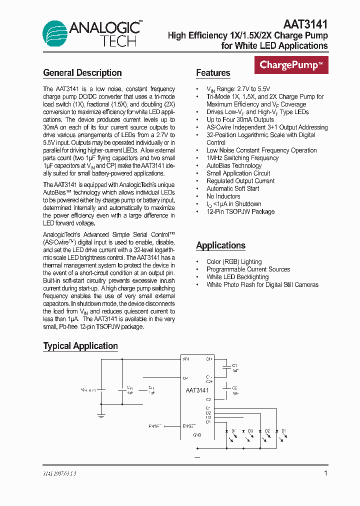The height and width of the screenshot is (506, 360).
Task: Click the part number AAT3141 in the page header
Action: coord(305,24)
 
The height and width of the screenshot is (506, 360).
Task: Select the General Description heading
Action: coord(82,73)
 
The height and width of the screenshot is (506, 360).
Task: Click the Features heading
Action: coord(213,73)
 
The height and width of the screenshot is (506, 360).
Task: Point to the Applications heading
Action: coord(220,245)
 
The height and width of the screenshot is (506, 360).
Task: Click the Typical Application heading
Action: coord(80,346)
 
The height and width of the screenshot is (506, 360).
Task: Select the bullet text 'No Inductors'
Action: coord(223,196)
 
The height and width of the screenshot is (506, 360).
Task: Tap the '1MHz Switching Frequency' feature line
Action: coord(242,158)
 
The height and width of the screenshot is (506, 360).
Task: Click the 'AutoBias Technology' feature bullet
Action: coord(234,165)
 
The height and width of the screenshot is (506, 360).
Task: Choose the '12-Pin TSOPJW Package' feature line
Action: coord(240,211)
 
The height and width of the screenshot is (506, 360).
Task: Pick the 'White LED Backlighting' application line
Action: coord(237,277)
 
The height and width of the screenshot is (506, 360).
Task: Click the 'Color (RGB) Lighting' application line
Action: coord(234,261)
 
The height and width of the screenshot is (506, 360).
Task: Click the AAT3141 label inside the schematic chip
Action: coord(197,390)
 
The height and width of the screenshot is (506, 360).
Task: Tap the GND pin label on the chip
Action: coord(197,435)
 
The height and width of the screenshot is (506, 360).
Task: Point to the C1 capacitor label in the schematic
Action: coord(234,365)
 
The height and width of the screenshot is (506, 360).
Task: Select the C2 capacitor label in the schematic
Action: coord(234,388)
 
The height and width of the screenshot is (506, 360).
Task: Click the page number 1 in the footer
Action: coord(326,473)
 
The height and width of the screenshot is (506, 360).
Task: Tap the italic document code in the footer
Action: coord(59,473)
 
